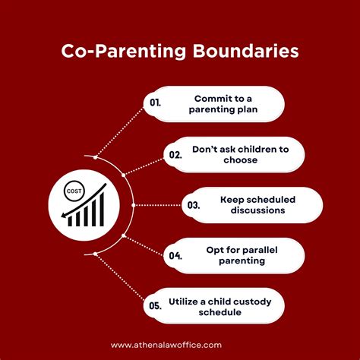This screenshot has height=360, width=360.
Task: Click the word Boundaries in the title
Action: click(245, 51)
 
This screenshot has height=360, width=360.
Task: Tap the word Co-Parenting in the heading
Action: click(124, 52)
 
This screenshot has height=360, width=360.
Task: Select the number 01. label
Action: click(155, 103)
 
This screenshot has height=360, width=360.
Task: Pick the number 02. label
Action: click(175, 155)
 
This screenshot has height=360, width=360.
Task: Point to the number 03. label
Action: click(194, 205)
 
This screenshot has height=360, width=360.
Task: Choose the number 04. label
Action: click(175, 255)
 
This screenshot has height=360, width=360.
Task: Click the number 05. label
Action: click(155, 305)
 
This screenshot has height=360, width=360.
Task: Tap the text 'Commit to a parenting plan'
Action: click(223, 104)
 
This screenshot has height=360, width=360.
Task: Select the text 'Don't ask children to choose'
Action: click(241, 154)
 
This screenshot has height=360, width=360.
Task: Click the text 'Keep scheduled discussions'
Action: click(257, 205)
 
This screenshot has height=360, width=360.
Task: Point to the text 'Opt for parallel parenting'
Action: click(242, 255)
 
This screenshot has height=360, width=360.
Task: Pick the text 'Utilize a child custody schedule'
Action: click(219, 307)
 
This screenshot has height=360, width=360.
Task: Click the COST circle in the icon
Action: click(74, 191)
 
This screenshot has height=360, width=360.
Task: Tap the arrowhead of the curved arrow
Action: click(65, 216)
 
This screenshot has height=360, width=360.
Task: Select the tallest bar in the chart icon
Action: click(102, 210)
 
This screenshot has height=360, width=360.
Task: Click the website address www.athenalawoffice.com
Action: click(166, 345)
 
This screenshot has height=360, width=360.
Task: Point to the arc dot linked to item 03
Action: click(134, 205)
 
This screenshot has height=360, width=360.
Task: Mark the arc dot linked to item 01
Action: click(95, 157)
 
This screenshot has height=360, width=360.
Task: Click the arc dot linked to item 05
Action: click(95, 254)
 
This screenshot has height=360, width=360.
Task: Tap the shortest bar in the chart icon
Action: click(70, 222)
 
